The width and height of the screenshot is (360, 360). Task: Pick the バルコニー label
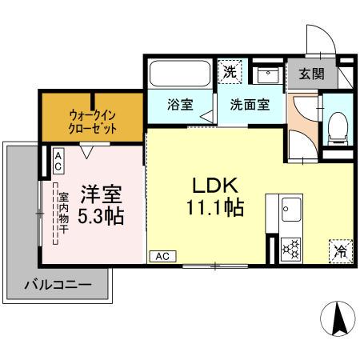coord(56,284)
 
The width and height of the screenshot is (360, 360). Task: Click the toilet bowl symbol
coord(338,124)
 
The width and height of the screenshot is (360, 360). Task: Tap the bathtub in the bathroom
coord(180,75)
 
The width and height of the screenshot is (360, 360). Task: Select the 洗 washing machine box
coord(230,72)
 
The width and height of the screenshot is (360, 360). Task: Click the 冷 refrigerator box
coord(340,251)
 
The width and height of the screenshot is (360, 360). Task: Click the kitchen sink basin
coord(289,211)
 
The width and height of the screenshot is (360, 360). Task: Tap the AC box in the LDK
coord(161,256)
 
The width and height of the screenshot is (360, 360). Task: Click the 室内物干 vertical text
coord(64,214)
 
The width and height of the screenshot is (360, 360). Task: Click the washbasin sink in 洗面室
coord(266,75)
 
